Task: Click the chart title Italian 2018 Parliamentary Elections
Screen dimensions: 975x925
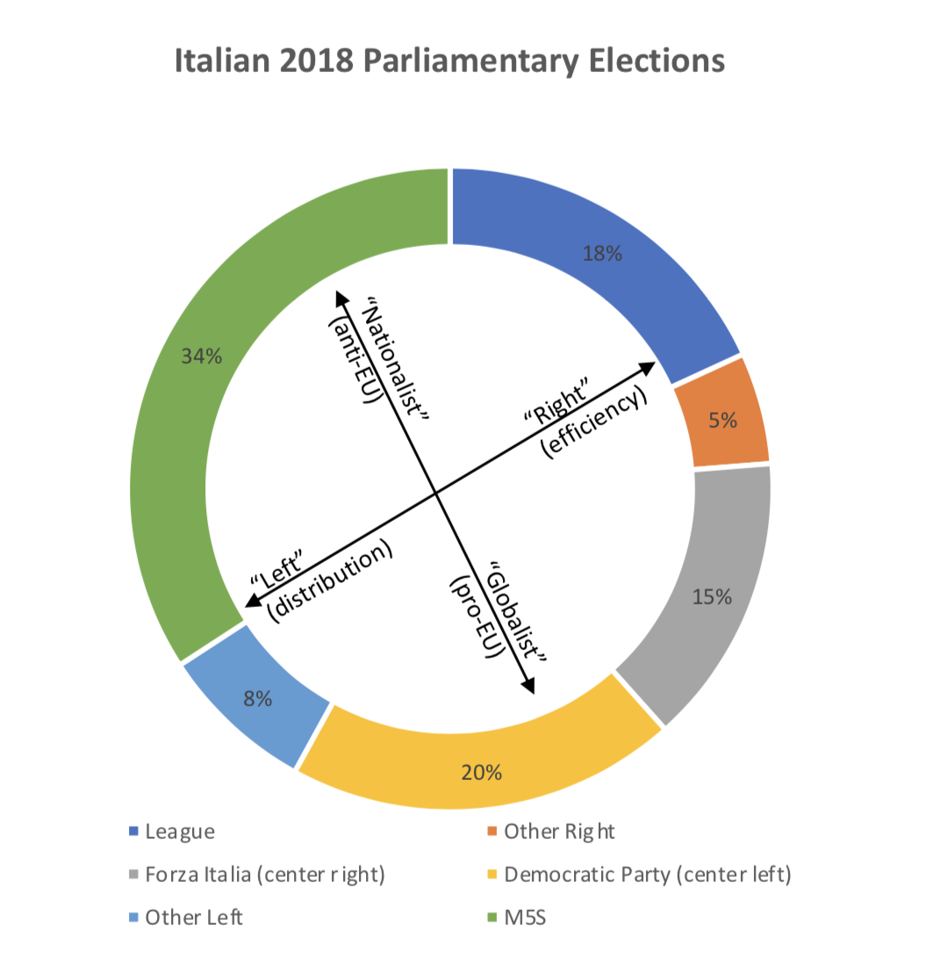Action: coord(449,62)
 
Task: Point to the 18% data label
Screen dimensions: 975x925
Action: coord(602,255)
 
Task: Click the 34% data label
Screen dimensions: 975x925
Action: coord(201,356)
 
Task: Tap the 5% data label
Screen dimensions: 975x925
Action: coord(723,420)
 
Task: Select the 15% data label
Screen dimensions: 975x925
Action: coord(712,597)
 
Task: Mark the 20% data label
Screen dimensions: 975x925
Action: coord(482,773)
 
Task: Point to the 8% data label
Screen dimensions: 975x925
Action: coord(258,699)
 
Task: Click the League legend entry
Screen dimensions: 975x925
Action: coord(179,831)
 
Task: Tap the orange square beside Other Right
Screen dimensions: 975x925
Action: coord(491,831)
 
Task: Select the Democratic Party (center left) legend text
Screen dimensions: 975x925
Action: coord(648,875)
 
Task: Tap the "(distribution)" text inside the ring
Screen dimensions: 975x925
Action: coord(329,584)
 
